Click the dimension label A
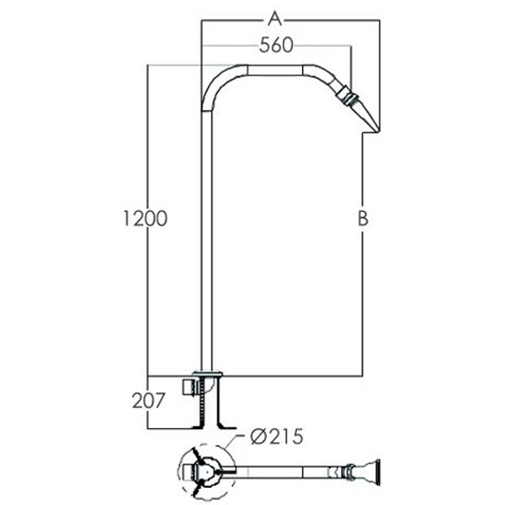click(275, 19)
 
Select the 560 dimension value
click(276, 45)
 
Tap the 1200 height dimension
click(146, 218)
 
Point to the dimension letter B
click(363, 219)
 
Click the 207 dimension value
click(148, 401)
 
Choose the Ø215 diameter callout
click(277, 437)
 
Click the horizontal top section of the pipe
click(275, 70)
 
